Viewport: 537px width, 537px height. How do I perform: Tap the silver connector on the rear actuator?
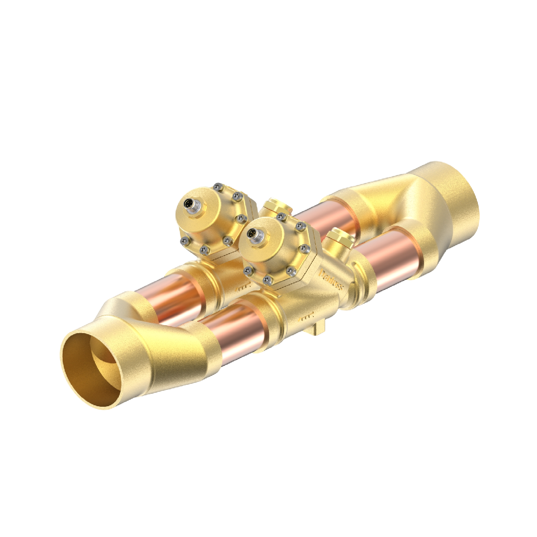pos(190,204)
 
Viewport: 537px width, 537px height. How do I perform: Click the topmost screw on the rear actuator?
pos(216,186)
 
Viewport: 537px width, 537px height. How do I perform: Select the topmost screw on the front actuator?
pos(281,216)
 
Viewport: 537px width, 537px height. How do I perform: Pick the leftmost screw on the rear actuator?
pos(184,241)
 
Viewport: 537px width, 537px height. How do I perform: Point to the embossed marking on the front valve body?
pos(308,315)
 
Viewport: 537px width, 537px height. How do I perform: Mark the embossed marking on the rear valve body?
pos(242,287)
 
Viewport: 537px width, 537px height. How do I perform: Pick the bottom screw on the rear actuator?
pos(203,249)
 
